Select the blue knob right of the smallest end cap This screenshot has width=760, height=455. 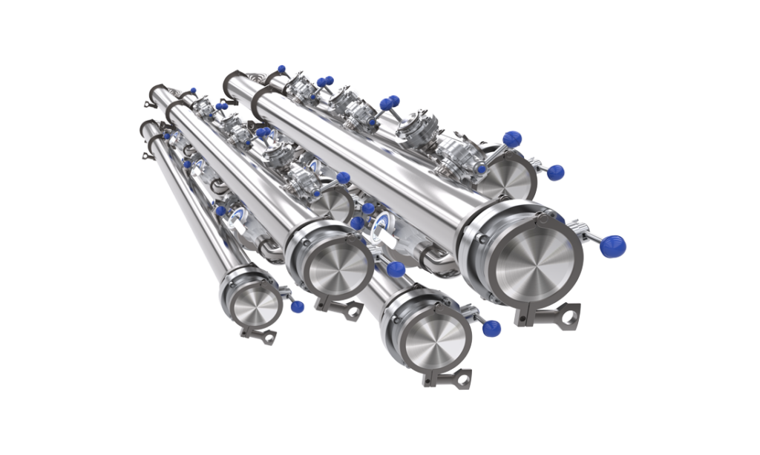[x=298, y=306]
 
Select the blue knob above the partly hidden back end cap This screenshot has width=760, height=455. [x=510, y=137]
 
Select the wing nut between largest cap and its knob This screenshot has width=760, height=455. [x=586, y=236]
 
